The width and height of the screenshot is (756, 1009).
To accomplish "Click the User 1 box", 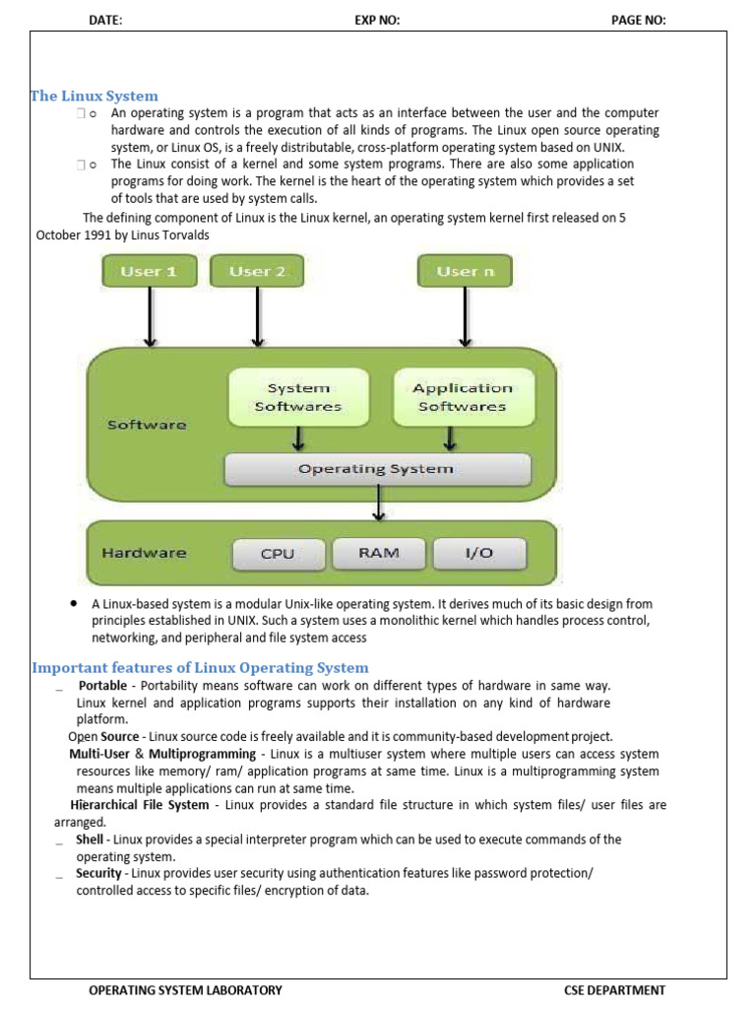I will click(x=149, y=271).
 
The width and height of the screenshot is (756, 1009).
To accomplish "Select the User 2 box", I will click(x=257, y=271).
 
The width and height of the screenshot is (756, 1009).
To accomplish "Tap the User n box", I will click(x=465, y=271).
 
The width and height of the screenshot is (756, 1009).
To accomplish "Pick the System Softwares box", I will click(x=298, y=397).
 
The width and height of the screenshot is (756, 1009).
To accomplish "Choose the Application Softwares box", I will click(x=463, y=397).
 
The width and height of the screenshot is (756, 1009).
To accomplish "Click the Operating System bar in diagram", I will click(x=377, y=469).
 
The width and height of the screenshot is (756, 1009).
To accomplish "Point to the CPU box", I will click(x=278, y=554).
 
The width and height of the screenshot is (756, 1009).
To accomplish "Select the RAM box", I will click(x=379, y=553).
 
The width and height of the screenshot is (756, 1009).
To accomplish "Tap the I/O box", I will click(x=478, y=553).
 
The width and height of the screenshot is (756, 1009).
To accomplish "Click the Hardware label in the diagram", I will click(x=144, y=553).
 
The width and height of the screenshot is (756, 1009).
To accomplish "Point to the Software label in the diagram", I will click(x=147, y=425).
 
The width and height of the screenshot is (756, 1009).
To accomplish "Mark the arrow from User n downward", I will click(x=465, y=316).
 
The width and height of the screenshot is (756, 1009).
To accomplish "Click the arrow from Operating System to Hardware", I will click(x=377, y=504).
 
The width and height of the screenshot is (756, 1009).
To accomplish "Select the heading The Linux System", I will click(x=94, y=96).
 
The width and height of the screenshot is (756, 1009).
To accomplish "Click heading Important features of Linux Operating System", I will click(x=200, y=667).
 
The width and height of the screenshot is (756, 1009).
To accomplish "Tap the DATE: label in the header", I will click(x=105, y=20).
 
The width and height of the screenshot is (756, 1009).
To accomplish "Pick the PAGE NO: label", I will click(x=638, y=20).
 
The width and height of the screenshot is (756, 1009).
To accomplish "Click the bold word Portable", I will click(x=102, y=685).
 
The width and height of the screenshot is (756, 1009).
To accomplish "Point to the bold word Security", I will click(x=98, y=873).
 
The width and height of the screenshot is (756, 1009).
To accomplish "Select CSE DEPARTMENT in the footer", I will click(x=614, y=990).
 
